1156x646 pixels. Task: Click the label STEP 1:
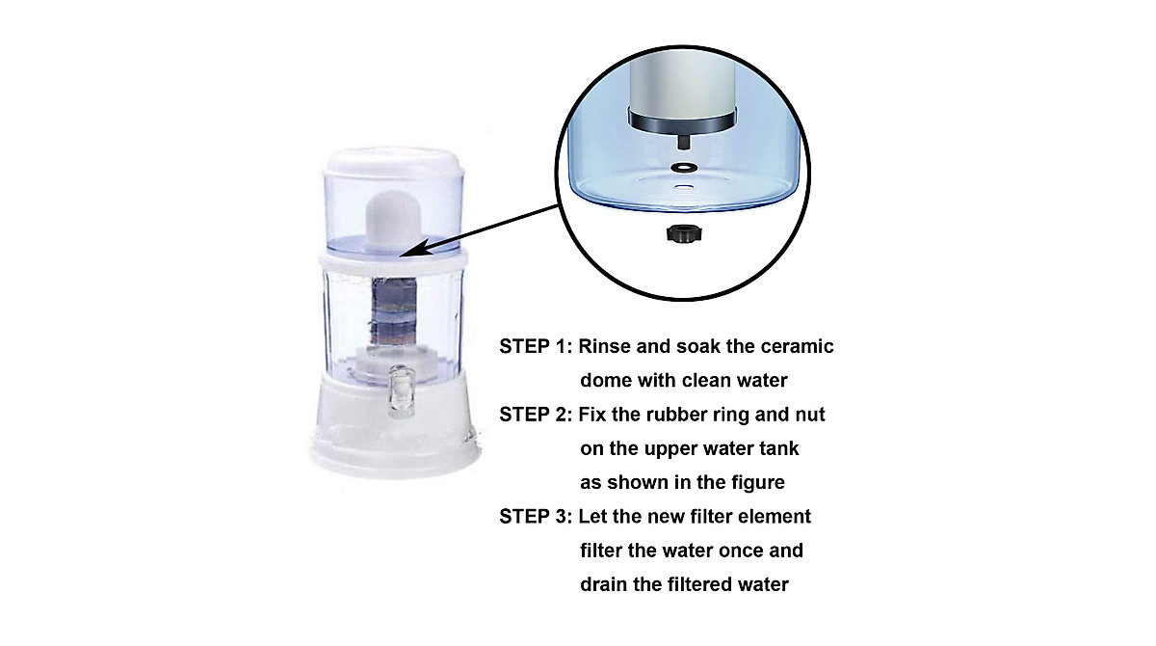click(535, 347)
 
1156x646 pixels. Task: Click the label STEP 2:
click(535, 416)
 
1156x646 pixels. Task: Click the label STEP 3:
click(535, 517)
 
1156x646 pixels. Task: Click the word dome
click(607, 381)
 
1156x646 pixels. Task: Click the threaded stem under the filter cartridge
click(682, 141)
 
